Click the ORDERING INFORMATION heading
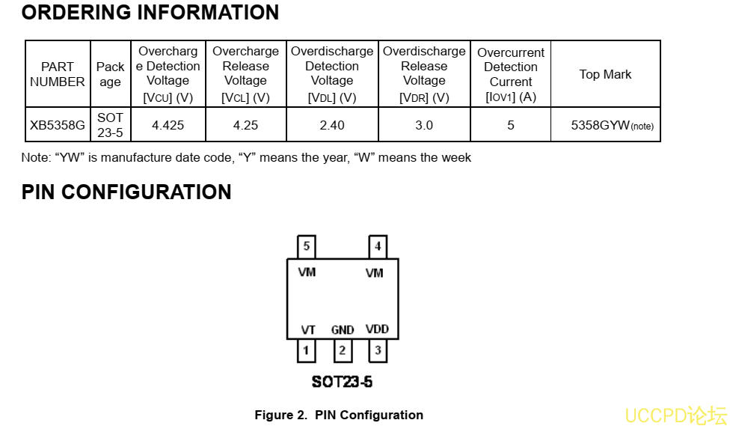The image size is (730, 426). (x=150, y=13)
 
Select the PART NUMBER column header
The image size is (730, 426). (x=58, y=74)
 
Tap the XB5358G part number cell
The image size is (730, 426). (x=58, y=125)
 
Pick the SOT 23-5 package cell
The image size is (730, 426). (x=110, y=125)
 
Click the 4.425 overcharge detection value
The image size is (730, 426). (x=168, y=125)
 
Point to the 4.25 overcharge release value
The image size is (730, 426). (x=245, y=125)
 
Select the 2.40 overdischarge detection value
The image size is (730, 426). (x=332, y=125)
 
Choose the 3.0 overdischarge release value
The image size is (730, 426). (x=424, y=125)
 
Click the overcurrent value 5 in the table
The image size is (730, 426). (x=511, y=125)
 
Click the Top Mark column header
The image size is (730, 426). (x=605, y=74)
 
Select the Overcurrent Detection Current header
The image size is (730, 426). (x=511, y=74)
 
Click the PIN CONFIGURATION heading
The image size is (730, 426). (x=126, y=192)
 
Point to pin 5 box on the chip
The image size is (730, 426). (x=306, y=246)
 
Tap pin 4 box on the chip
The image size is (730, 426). (x=378, y=246)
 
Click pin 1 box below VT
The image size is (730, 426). (x=306, y=350)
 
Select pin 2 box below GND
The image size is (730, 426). (x=342, y=350)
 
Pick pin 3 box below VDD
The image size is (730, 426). (x=378, y=350)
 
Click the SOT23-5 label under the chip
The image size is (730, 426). (x=342, y=382)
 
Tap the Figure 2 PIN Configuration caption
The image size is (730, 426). (x=339, y=415)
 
